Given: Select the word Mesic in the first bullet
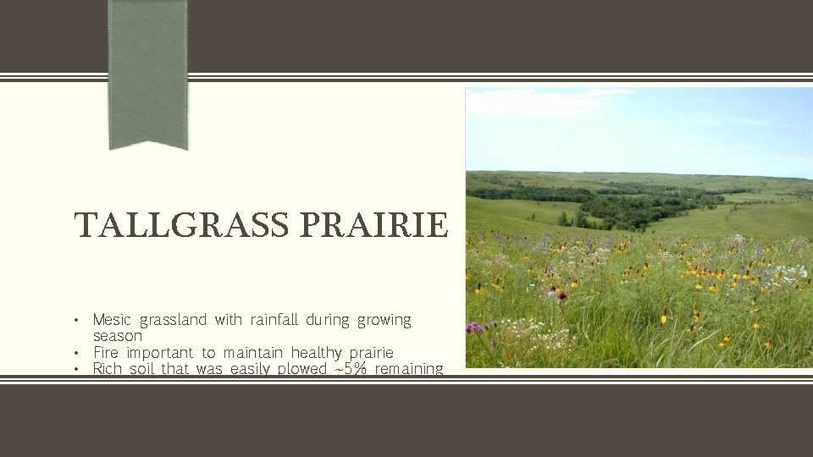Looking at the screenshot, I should tap(112, 320).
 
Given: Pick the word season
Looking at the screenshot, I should tap(118, 336).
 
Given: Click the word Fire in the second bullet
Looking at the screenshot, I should tap(106, 352).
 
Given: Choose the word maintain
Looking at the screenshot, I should tap(253, 352).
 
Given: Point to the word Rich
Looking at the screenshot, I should tap(108, 368).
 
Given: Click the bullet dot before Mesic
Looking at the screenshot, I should tap(77, 321).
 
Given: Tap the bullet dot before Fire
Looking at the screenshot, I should tap(77, 353).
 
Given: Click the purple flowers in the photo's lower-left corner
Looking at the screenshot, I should tap(478, 328).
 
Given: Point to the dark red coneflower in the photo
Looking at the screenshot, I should tap(561, 296).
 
